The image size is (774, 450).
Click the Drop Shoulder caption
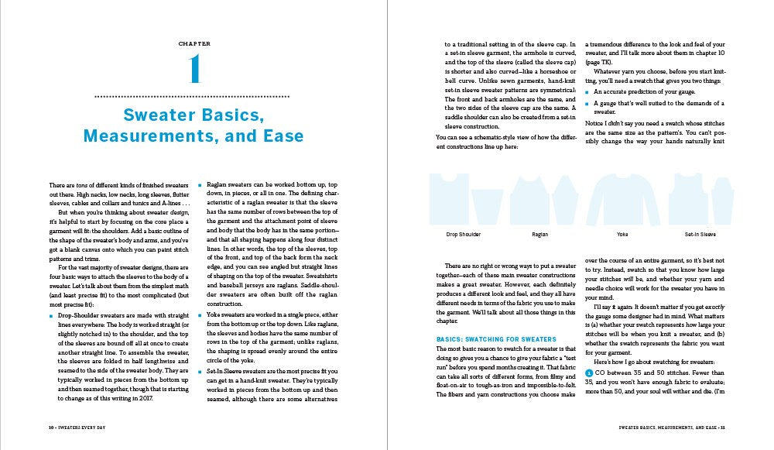[464, 233]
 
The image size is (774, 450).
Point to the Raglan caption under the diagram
[539, 233]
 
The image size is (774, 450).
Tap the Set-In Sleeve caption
[700, 233]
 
